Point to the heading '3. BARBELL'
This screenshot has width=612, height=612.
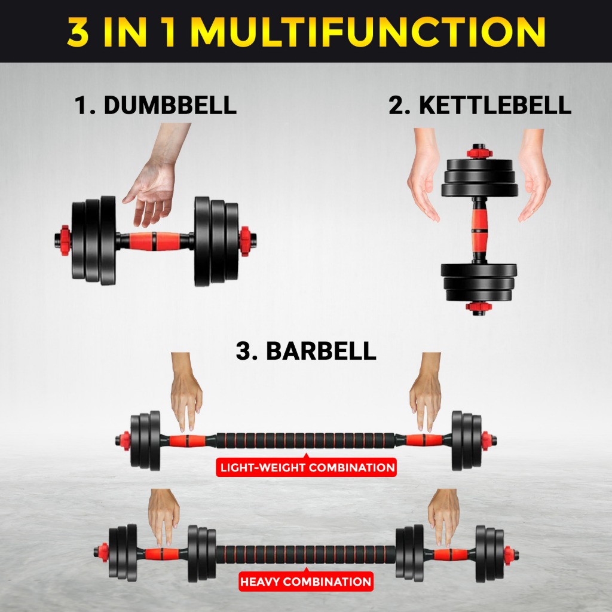point(306,351)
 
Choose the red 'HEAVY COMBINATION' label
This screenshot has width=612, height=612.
point(305,581)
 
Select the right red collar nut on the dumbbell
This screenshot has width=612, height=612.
point(244,241)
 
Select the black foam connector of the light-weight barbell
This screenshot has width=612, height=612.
point(305,441)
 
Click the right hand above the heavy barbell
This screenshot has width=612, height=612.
point(444,514)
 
